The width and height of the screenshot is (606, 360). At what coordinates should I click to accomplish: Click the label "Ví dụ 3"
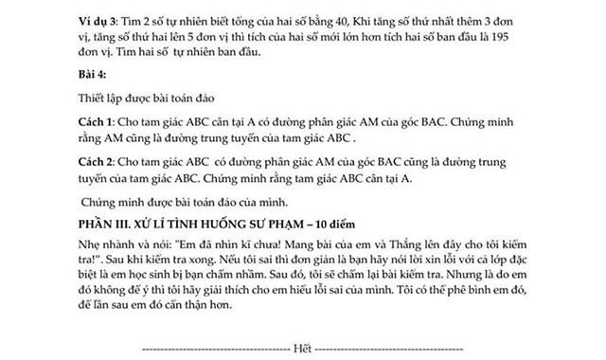click(x=98, y=19)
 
